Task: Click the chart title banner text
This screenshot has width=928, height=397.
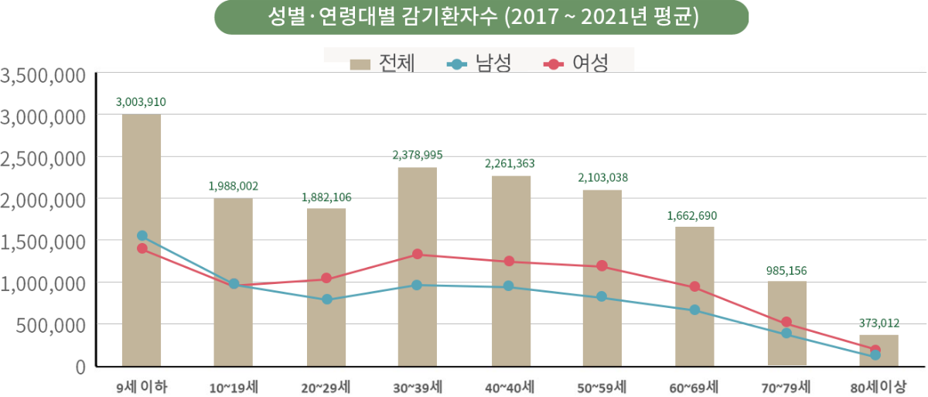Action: [481, 18]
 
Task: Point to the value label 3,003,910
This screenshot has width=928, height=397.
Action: [141, 101]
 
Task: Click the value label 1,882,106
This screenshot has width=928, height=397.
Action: [326, 197]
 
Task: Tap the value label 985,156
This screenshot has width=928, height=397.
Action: [786, 271]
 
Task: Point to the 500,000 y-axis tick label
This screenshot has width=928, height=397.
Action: [48, 325]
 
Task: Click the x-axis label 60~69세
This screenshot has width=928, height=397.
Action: [694, 385]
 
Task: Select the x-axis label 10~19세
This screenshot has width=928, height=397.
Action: [233, 385]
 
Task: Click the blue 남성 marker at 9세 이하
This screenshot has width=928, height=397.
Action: [142, 235]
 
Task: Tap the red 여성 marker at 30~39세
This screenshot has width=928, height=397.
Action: [418, 254]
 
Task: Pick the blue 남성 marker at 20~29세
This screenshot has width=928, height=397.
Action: [326, 299]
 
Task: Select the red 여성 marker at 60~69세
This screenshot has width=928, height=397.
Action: [694, 286]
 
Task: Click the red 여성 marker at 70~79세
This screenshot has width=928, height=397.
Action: [786, 322]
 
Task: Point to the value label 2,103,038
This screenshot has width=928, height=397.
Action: [602, 178]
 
